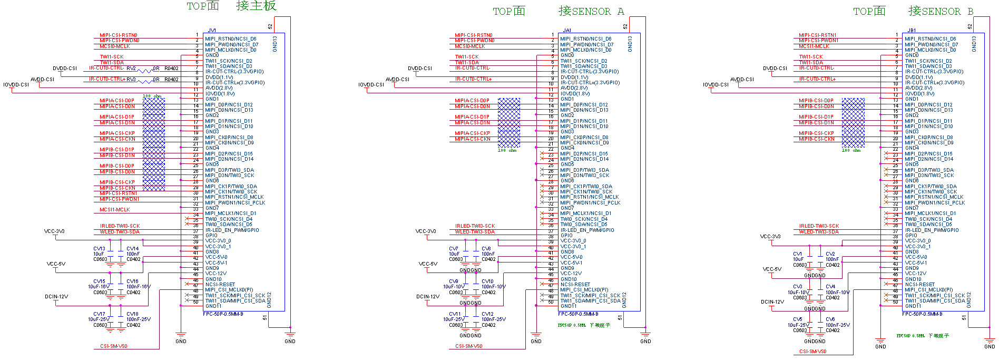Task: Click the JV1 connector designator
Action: [212, 31]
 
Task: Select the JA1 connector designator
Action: [567, 31]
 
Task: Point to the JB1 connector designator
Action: [912, 31]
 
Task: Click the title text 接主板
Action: [256, 6]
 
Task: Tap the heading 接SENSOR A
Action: [591, 11]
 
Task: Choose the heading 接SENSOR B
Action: [941, 11]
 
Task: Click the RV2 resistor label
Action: [131, 69]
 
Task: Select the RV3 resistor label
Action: [131, 80]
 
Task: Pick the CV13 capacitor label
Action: [99, 249]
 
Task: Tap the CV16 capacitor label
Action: [132, 281]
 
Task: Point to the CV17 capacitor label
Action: [99, 314]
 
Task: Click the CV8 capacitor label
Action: [486, 249]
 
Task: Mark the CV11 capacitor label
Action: [454, 314]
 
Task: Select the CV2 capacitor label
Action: [830, 254]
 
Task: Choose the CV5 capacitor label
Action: [798, 319]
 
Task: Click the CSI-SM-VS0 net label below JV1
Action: [114, 346]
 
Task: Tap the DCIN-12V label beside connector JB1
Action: [772, 302]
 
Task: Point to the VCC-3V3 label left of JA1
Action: [426, 231]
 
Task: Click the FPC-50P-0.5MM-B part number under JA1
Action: [578, 314]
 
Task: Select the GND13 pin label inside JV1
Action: [275, 44]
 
